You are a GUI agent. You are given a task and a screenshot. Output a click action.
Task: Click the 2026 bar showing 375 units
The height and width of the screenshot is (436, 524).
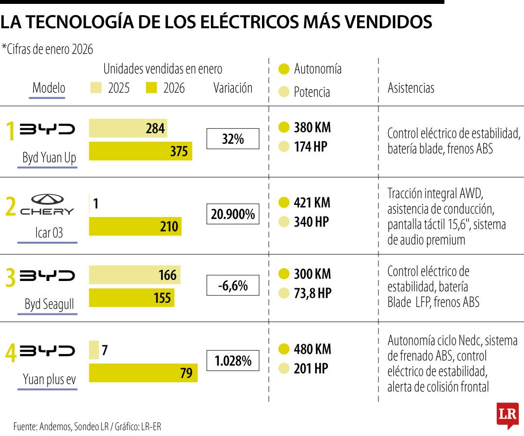coord(141,151)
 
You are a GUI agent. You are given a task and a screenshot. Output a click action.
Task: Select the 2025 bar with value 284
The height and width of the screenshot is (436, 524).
coord(128,128)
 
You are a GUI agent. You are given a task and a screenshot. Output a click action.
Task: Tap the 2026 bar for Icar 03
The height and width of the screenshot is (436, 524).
coord(135,226)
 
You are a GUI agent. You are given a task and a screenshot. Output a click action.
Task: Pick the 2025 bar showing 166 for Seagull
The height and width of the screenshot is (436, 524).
coord(134,275)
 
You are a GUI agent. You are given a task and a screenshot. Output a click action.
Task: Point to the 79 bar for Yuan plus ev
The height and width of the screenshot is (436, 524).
coord(143,373)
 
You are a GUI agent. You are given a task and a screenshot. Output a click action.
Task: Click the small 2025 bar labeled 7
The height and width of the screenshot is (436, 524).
coord(94,350)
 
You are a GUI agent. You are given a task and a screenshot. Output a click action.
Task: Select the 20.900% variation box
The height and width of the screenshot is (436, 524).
coord(233,214)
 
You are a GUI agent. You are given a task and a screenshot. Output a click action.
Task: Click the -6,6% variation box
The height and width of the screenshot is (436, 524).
coord(233,286)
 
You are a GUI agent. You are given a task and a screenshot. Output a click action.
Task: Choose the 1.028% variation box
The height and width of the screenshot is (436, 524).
coord(233,361)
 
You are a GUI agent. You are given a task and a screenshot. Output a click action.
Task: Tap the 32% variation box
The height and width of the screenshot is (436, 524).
coord(233,139)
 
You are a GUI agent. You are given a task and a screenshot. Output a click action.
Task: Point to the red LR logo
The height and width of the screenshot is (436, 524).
coord(508,415)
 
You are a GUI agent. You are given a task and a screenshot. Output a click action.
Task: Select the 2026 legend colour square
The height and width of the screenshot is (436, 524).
coord(151,88)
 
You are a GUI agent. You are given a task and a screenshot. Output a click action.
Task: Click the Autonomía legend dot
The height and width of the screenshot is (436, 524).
coord(284,69)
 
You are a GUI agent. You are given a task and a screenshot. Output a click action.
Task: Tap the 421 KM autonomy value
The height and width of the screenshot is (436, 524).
coord(312,202)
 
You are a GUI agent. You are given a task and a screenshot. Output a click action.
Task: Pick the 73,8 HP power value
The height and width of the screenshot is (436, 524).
coord(312,293)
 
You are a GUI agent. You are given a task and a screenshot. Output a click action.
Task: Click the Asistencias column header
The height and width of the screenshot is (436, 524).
coord(411,88)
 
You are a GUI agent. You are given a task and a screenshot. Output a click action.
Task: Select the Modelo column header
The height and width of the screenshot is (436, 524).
coord(49,88)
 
